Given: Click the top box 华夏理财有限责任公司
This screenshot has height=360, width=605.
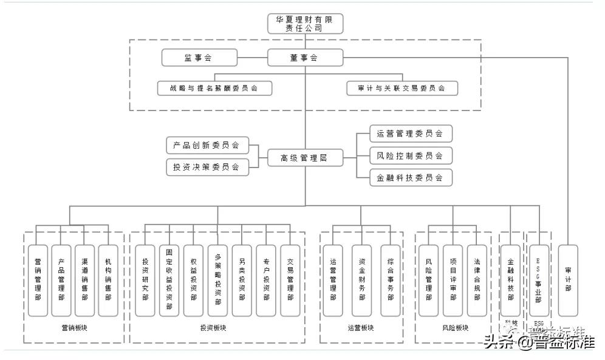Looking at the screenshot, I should coord(305,23).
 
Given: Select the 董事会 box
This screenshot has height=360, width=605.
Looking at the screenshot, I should coord(305,58).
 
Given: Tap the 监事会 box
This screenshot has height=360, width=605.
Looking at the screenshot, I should coord(199,58).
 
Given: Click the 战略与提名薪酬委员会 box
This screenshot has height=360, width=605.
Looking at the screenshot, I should coord(214,88).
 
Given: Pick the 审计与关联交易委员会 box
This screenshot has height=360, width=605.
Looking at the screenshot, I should coord(402,88).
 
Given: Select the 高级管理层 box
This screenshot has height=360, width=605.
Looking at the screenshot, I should coord(305,158).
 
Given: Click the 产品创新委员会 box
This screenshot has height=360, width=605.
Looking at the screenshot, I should coord(207,145).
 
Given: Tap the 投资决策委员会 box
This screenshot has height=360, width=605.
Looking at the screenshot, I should coord(207,166).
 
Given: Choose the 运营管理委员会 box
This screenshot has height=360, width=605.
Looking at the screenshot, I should coord(411,134).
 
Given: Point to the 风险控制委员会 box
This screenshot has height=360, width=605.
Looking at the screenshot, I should coord(411,155).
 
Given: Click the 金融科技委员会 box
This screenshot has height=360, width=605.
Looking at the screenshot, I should coord(411,177).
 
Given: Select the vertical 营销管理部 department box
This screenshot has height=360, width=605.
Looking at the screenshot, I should coord(38,280).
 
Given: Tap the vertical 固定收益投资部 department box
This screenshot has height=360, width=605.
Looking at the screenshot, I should coord(169,280).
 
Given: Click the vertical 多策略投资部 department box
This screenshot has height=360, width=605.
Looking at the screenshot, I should coord(217,280).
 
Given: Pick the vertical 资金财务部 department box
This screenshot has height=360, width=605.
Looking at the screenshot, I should coord(361,280).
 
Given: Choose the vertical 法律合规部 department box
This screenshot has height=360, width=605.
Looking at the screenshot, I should coord(477,280).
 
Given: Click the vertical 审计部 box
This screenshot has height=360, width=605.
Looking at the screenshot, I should coord(568,280).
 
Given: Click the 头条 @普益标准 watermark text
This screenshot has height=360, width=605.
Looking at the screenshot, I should coord(538,343).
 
